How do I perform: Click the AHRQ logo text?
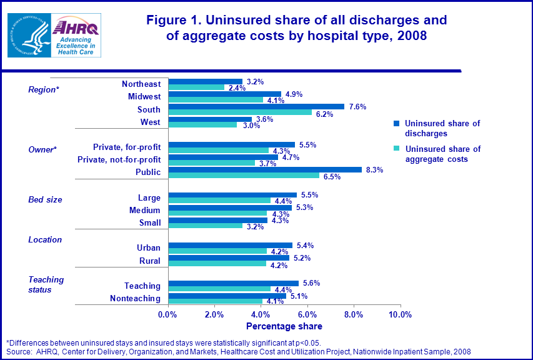tap(76, 27)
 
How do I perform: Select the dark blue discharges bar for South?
tap(256, 106)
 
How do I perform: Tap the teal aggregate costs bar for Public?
tap(244, 176)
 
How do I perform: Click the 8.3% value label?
tap(374, 170)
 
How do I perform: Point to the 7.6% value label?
tap(357, 106)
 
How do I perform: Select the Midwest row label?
tap(144, 97)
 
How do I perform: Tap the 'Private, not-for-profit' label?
tap(119, 159)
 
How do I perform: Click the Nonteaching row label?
tap(135, 299)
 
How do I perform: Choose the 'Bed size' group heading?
tap(45, 200)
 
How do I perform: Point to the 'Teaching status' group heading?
tap(46, 285)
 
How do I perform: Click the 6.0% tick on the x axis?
tap(307, 314)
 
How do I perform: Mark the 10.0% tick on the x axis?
tap(400, 314)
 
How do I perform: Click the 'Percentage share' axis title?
tap(284, 326)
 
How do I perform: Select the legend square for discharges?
tap(396, 124)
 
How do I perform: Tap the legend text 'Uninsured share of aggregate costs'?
tap(442, 154)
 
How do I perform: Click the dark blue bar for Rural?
tap(229, 257)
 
